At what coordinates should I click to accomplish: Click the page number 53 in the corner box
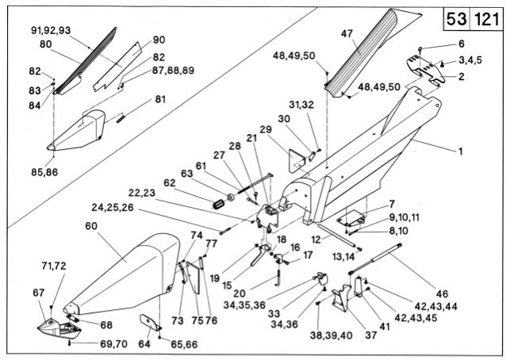[x=456, y=18]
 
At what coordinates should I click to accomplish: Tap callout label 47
[x=347, y=33]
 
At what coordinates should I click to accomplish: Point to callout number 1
[x=460, y=150]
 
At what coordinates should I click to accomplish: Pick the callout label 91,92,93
[x=51, y=29]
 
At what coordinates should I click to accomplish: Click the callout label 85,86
[x=44, y=171]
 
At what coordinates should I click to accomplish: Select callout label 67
[x=39, y=293]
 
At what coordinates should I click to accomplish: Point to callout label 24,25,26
[x=112, y=209]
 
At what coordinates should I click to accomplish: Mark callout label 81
[x=160, y=99]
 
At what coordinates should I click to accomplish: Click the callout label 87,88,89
[x=173, y=70]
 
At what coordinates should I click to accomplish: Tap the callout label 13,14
[x=343, y=256]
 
